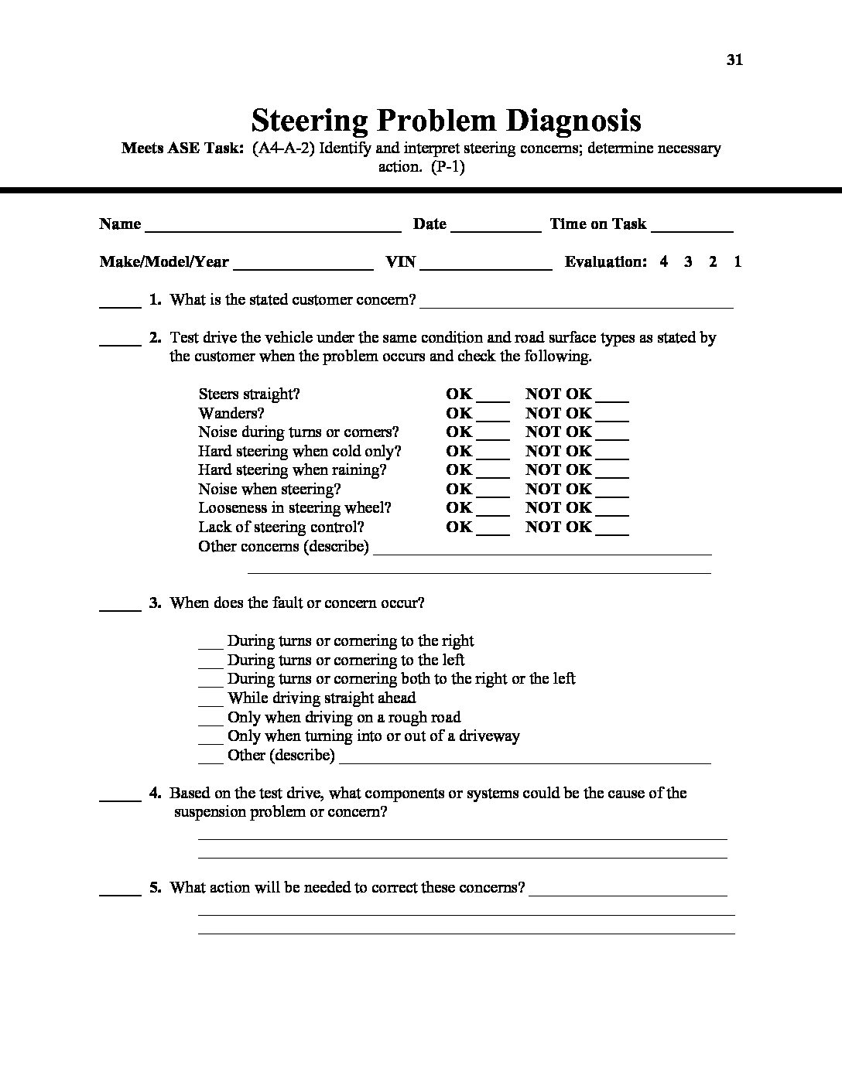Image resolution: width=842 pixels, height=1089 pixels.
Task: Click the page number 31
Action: (x=734, y=60)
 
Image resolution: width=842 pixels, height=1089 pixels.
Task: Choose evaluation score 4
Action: (x=664, y=261)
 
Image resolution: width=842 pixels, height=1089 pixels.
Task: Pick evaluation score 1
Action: (x=738, y=261)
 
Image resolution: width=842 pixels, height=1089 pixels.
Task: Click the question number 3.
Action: (x=155, y=603)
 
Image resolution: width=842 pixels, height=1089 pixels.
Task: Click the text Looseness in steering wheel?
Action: (x=295, y=508)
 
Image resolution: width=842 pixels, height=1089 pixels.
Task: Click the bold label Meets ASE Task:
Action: (x=183, y=148)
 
